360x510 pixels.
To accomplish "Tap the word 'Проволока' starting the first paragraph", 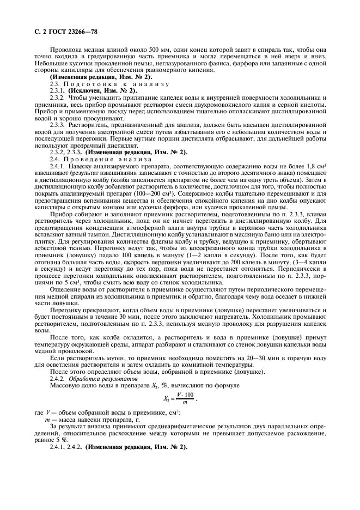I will [x=66, y=49].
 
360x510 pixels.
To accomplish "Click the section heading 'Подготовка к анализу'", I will [x=110, y=84].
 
